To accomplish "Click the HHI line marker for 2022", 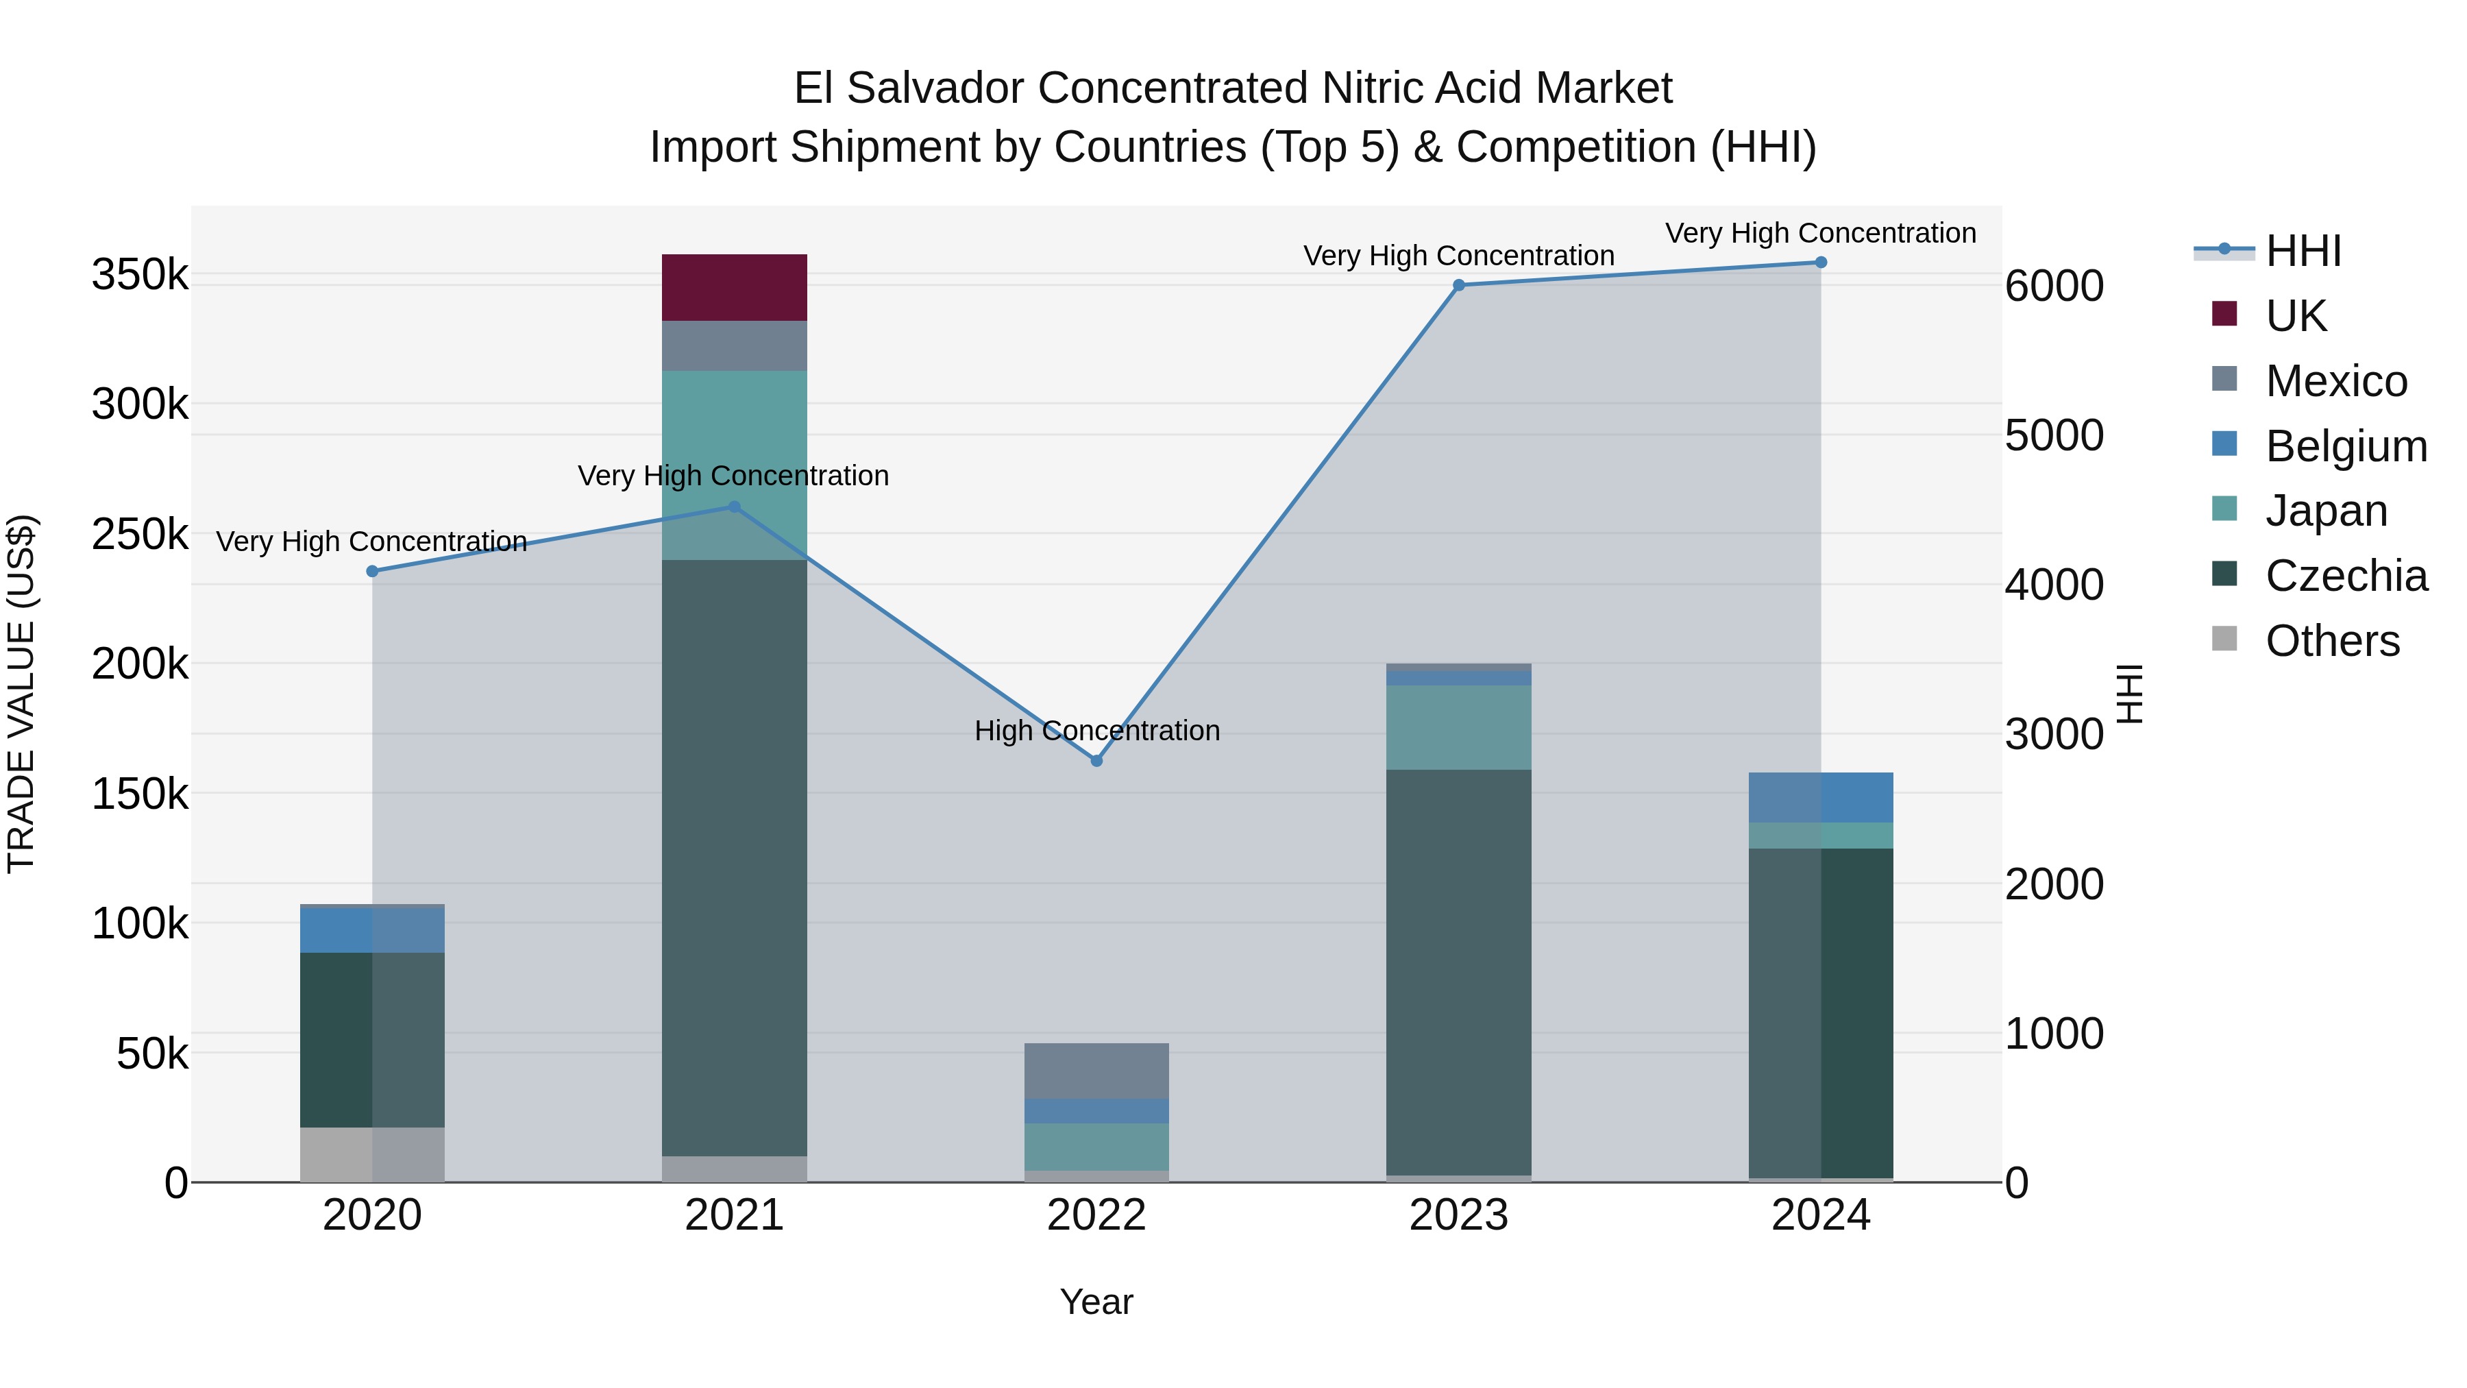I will (1096, 761).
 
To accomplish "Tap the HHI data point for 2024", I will (1821, 263).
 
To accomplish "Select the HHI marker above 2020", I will (373, 572).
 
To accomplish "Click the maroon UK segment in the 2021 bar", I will (735, 287).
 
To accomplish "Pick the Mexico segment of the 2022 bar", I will (1096, 1070).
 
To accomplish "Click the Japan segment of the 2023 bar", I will (1458, 727).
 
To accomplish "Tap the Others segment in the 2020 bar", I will (373, 1154).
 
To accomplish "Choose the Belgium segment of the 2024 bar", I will (1821, 797).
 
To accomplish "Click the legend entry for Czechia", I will (2346, 576).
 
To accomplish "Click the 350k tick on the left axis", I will (140, 276).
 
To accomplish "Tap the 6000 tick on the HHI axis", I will (2054, 287).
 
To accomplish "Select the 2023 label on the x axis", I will (1458, 1215).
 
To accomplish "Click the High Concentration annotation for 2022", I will (1096, 731).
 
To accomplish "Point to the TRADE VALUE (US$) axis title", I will (21, 694).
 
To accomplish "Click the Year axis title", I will (1096, 1302).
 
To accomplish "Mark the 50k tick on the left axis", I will (151, 1055).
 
